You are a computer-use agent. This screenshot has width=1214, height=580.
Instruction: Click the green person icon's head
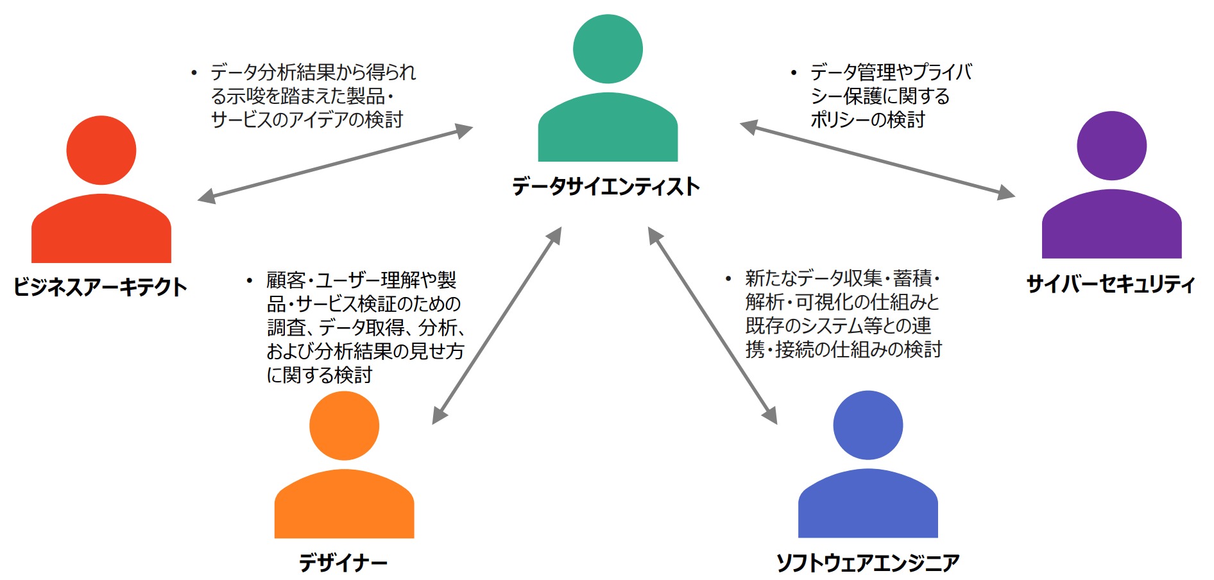[x=608, y=49]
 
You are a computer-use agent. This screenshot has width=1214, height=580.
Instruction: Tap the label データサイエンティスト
[x=606, y=187]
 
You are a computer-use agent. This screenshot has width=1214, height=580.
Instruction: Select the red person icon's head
[x=101, y=150]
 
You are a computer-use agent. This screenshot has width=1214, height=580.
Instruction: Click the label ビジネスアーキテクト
[x=100, y=287]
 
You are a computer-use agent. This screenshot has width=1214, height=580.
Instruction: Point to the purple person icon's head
[x=1111, y=146]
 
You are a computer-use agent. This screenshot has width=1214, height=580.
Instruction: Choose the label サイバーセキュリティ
[x=1110, y=284]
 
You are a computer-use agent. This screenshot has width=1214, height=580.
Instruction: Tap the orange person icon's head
[x=344, y=425]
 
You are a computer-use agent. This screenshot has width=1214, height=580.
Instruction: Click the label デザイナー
[x=343, y=563]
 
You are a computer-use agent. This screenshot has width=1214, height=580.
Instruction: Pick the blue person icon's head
[x=868, y=425]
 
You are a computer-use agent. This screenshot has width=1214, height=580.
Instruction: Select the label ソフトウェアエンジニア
[x=868, y=563]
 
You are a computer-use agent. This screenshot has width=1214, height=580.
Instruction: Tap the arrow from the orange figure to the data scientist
[x=497, y=325]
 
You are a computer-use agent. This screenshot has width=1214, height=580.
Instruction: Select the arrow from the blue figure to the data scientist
[x=712, y=325]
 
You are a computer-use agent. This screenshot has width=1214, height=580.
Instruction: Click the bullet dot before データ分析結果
[x=194, y=73]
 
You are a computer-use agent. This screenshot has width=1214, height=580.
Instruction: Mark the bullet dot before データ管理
[x=794, y=73]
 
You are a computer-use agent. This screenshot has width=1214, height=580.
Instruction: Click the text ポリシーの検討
[x=868, y=120]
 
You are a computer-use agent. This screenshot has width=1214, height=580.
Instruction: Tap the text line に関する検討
[x=320, y=375]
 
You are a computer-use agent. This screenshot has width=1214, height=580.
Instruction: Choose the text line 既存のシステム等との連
[x=838, y=326]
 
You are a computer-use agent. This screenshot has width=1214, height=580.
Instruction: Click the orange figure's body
[x=344, y=506]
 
